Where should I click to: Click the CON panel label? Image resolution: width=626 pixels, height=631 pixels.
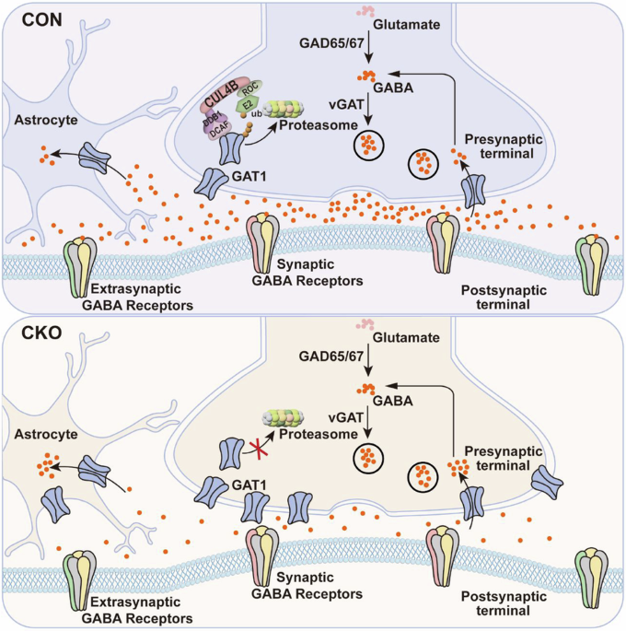click(x=31, y=18)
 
